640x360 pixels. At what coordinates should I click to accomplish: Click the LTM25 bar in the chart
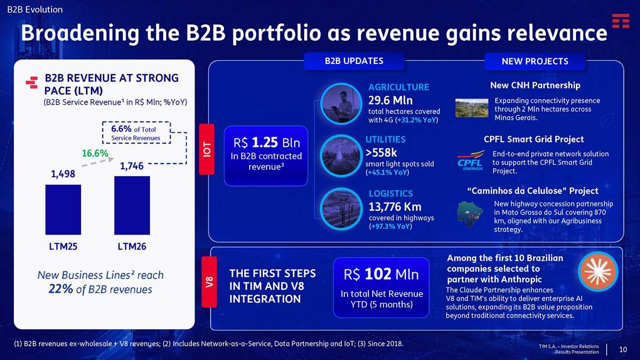pos(63,209)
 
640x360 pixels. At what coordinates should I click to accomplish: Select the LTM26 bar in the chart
pos(132,205)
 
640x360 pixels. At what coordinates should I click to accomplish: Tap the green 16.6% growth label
pos(95,154)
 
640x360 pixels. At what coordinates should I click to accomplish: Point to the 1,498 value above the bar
pos(63,174)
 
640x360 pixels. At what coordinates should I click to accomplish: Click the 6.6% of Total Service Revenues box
pos(136,133)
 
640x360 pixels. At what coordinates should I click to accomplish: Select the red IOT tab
pos(207,149)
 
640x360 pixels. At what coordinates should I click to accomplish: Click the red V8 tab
pos(209,282)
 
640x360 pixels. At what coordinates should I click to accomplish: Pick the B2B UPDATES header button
pos(354,61)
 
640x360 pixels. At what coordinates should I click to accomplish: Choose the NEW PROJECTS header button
pos(535,61)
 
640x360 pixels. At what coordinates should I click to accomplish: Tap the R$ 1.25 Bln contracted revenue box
pos(266,156)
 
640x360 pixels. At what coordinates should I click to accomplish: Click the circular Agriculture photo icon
pos(341,103)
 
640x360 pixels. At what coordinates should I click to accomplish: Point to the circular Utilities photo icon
pos(341,156)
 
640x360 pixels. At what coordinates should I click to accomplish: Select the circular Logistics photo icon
pos(341,209)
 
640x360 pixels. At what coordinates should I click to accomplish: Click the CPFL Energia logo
pos(471,161)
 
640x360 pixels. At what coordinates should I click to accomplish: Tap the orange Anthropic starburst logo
pos(599,272)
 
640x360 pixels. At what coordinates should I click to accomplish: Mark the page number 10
pos(623,349)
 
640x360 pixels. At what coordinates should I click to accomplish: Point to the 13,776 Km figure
pos(395,207)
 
